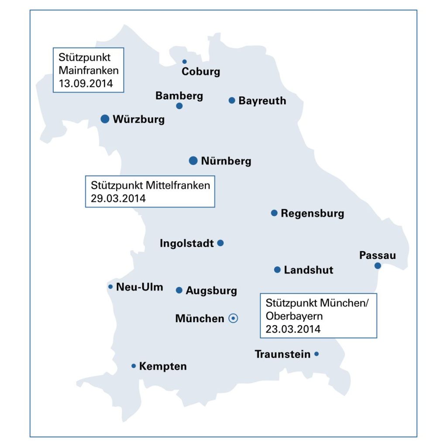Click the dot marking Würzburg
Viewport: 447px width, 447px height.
click(105, 119)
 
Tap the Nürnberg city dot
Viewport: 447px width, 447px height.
click(193, 161)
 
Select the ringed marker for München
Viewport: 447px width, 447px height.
click(233, 318)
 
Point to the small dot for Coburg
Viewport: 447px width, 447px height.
click(184, 62)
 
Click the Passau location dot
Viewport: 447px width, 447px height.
click(378, 265)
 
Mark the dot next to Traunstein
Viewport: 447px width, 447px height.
click(316, 354)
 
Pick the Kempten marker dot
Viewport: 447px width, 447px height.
click(134, 366)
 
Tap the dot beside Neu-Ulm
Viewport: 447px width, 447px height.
click(110, 287)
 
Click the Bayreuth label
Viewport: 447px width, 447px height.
click(262, 101)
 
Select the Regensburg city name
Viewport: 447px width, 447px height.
click(312, 213)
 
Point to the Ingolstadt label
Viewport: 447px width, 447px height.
click(187, 243)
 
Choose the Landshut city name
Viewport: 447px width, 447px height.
click(308, 270)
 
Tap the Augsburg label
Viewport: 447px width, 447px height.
click(211, 291)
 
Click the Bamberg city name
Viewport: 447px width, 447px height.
click(179, 96)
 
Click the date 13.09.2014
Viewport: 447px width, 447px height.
click(86, 83)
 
